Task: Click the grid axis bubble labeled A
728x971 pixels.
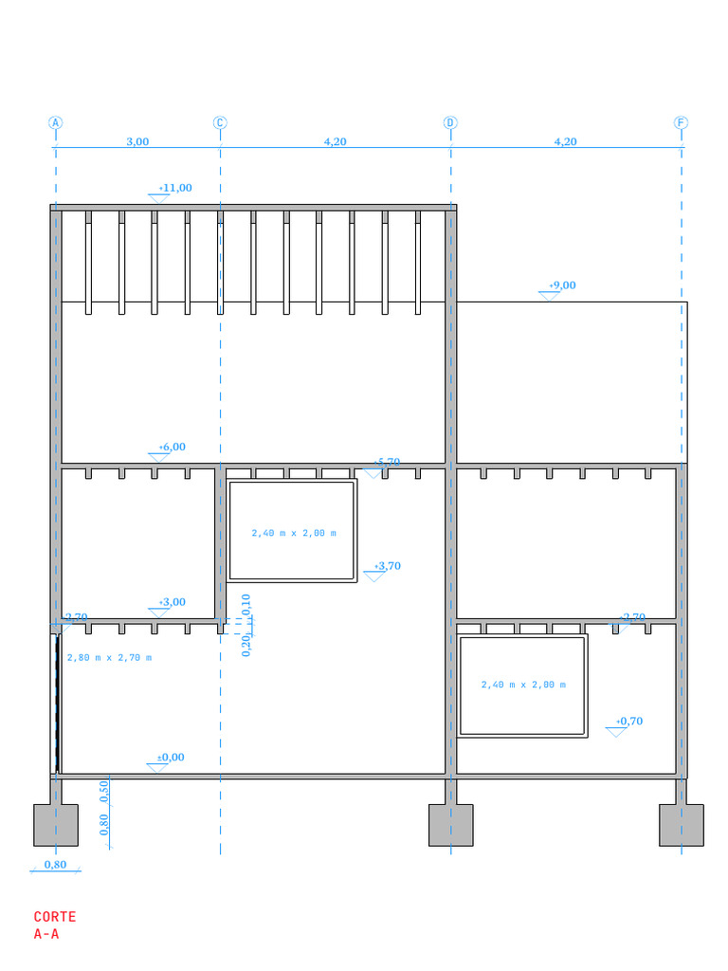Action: pos(56,122)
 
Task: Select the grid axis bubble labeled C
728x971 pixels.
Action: pos(220,122)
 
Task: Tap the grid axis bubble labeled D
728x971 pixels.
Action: pos(450,122)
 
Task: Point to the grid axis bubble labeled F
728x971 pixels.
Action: pos(681,122)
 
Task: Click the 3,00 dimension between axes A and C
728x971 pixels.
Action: pos(137,141)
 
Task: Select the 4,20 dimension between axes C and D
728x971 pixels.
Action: pos(335,141)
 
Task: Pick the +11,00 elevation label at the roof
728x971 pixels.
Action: pos(175,188)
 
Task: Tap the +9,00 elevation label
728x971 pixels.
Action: pos(562,285)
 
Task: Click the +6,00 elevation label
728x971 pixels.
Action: pos(173,447)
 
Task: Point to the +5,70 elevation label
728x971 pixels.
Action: pos(387,462)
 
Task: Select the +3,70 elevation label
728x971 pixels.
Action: pos(387,566)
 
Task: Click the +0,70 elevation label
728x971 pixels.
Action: pos(629,721)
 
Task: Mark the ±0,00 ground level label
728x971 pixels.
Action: pos(171,757)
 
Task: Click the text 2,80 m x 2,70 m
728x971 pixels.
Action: pos(109,657)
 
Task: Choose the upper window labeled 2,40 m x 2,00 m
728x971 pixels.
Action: pos(293,533)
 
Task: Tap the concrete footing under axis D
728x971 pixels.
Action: pos(450,825)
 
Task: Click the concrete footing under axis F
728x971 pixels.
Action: pos(681,825)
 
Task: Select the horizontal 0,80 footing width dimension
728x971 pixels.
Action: pos(55,864)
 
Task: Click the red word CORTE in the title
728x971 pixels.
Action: pos(55,917)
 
